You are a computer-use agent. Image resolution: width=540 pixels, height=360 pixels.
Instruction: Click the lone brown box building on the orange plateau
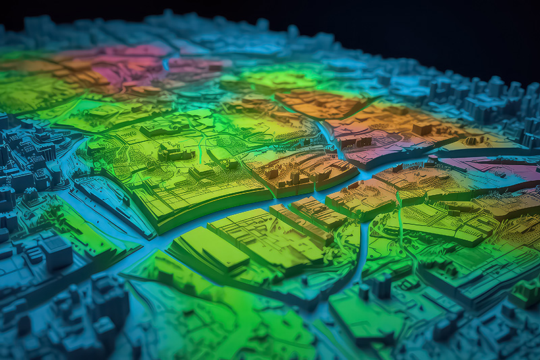[422, 128]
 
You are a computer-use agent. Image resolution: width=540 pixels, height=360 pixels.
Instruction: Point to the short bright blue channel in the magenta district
[166, 64]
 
